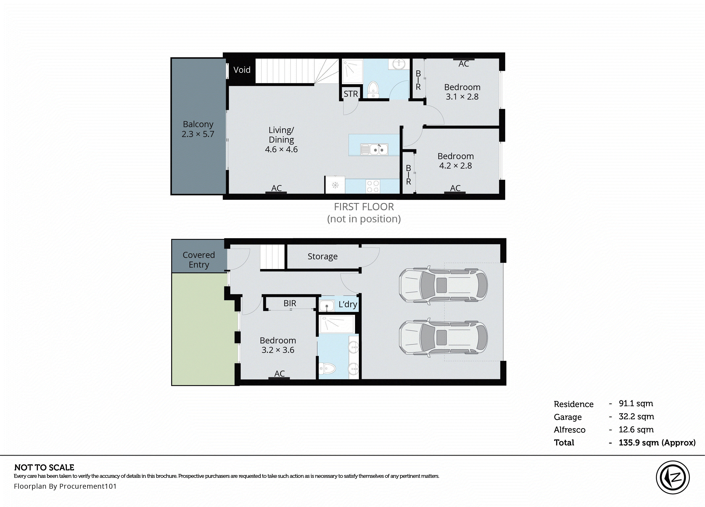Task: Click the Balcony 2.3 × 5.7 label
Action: (198, 129)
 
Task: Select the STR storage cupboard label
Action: (351, 94)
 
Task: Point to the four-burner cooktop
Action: (373, 186)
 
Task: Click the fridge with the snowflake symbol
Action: (335, 185)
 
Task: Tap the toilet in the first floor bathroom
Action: (373, 90)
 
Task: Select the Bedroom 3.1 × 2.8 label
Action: (462, 92)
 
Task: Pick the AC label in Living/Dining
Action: (276, 188)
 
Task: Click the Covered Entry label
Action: (199, 260)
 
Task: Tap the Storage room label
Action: (322, 257)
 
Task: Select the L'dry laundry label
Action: (348, 304)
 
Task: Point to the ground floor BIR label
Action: (290, 303)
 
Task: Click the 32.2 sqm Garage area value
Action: (636, 416)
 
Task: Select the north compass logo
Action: (673, 477)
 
